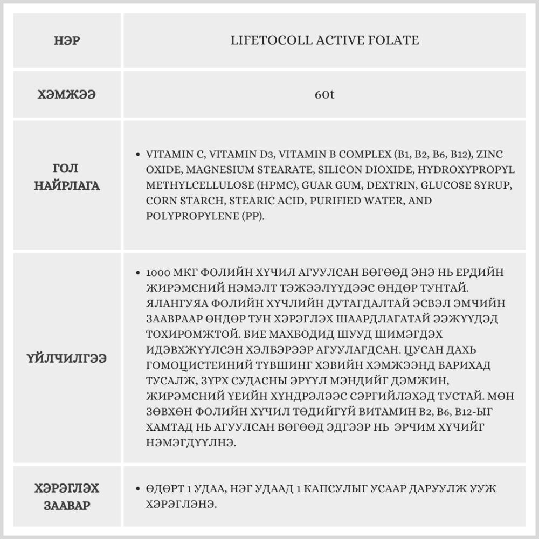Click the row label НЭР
(67, 40)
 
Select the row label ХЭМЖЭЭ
(67, 94)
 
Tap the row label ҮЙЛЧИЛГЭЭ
(67, 357)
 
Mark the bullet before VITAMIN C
(139, 154)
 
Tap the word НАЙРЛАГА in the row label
(67, 186)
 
